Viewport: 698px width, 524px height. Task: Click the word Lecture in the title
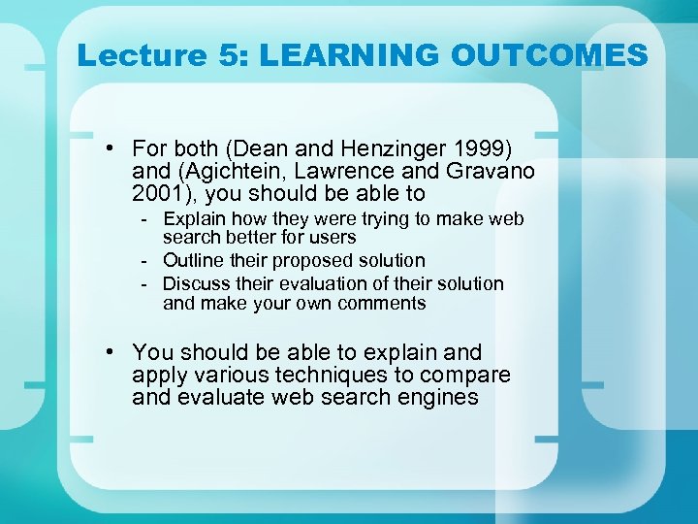click(x=142, y=55)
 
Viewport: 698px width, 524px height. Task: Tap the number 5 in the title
click(x=230, y=55)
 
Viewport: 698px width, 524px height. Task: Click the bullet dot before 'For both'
click(x=113, y=148)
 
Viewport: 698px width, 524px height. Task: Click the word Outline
click(x=194, y=261)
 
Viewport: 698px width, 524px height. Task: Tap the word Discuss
click(x=197, y=284)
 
